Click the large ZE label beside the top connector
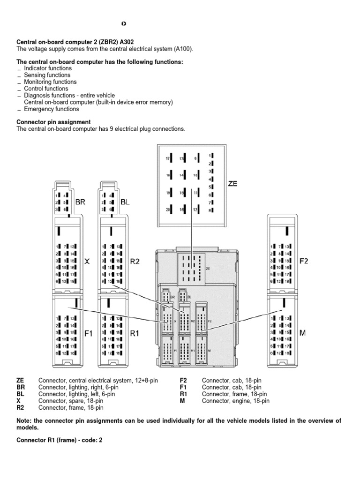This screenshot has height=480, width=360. pyautogui.click(x=232, y=184)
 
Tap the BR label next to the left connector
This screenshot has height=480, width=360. pyautogui.click(x=81, y=202)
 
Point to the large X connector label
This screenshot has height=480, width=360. pyautogui.click(x=86, y=262)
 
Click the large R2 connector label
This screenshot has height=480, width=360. pyautogui.click(x=135, y=262)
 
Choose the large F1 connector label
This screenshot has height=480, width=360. pyautogui.click(x=89, y=333)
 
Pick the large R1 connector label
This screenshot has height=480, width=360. pyautogui.click(x=135, y=333)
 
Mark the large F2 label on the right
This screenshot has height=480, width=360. pyautogui.click(x=304, y=261)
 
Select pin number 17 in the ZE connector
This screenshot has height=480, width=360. pyautogui.click(x=168, y=159)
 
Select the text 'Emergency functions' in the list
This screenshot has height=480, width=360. pyautogui.click(x=51, y=109)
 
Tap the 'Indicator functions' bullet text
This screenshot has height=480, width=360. pyautogui.click(x=47, y=68)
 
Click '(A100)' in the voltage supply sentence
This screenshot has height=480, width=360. pyautogui.click(x=183, y=49)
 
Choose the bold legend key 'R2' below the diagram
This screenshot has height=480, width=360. pyautogui.click(x=20, y=408)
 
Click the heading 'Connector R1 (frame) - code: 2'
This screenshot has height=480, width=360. pyautogui.click(x=59, y=441)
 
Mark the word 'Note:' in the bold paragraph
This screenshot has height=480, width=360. pyautogui.click(x=24, y=421)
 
